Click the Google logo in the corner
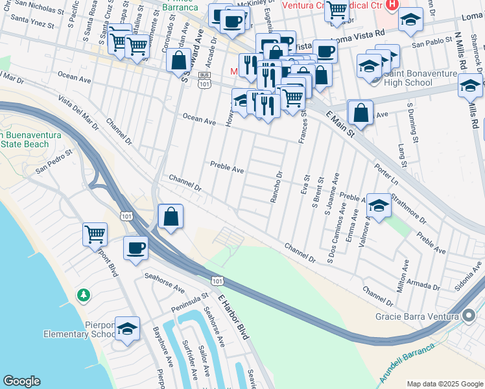(21, 381)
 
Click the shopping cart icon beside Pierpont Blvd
(95, 234)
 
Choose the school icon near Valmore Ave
(378, 207)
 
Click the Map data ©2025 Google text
(444, 384)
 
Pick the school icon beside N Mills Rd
(470, 86)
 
